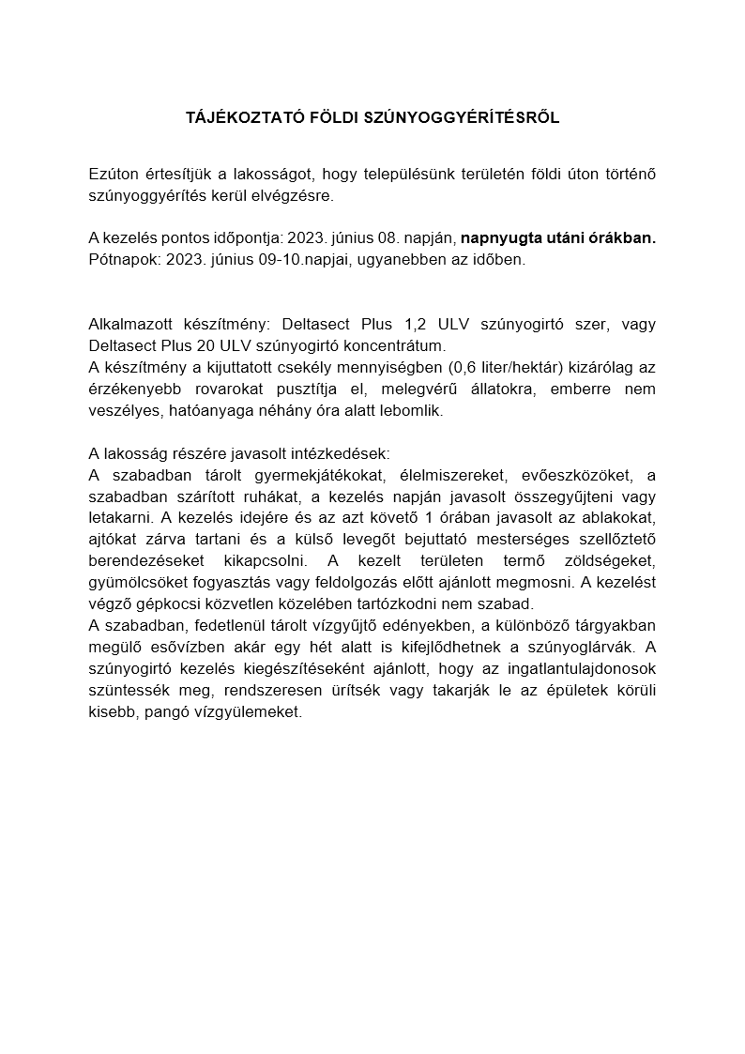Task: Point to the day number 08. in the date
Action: (397, 238)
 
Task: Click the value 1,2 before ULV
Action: (411, 324)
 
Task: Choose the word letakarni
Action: (120, 517)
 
